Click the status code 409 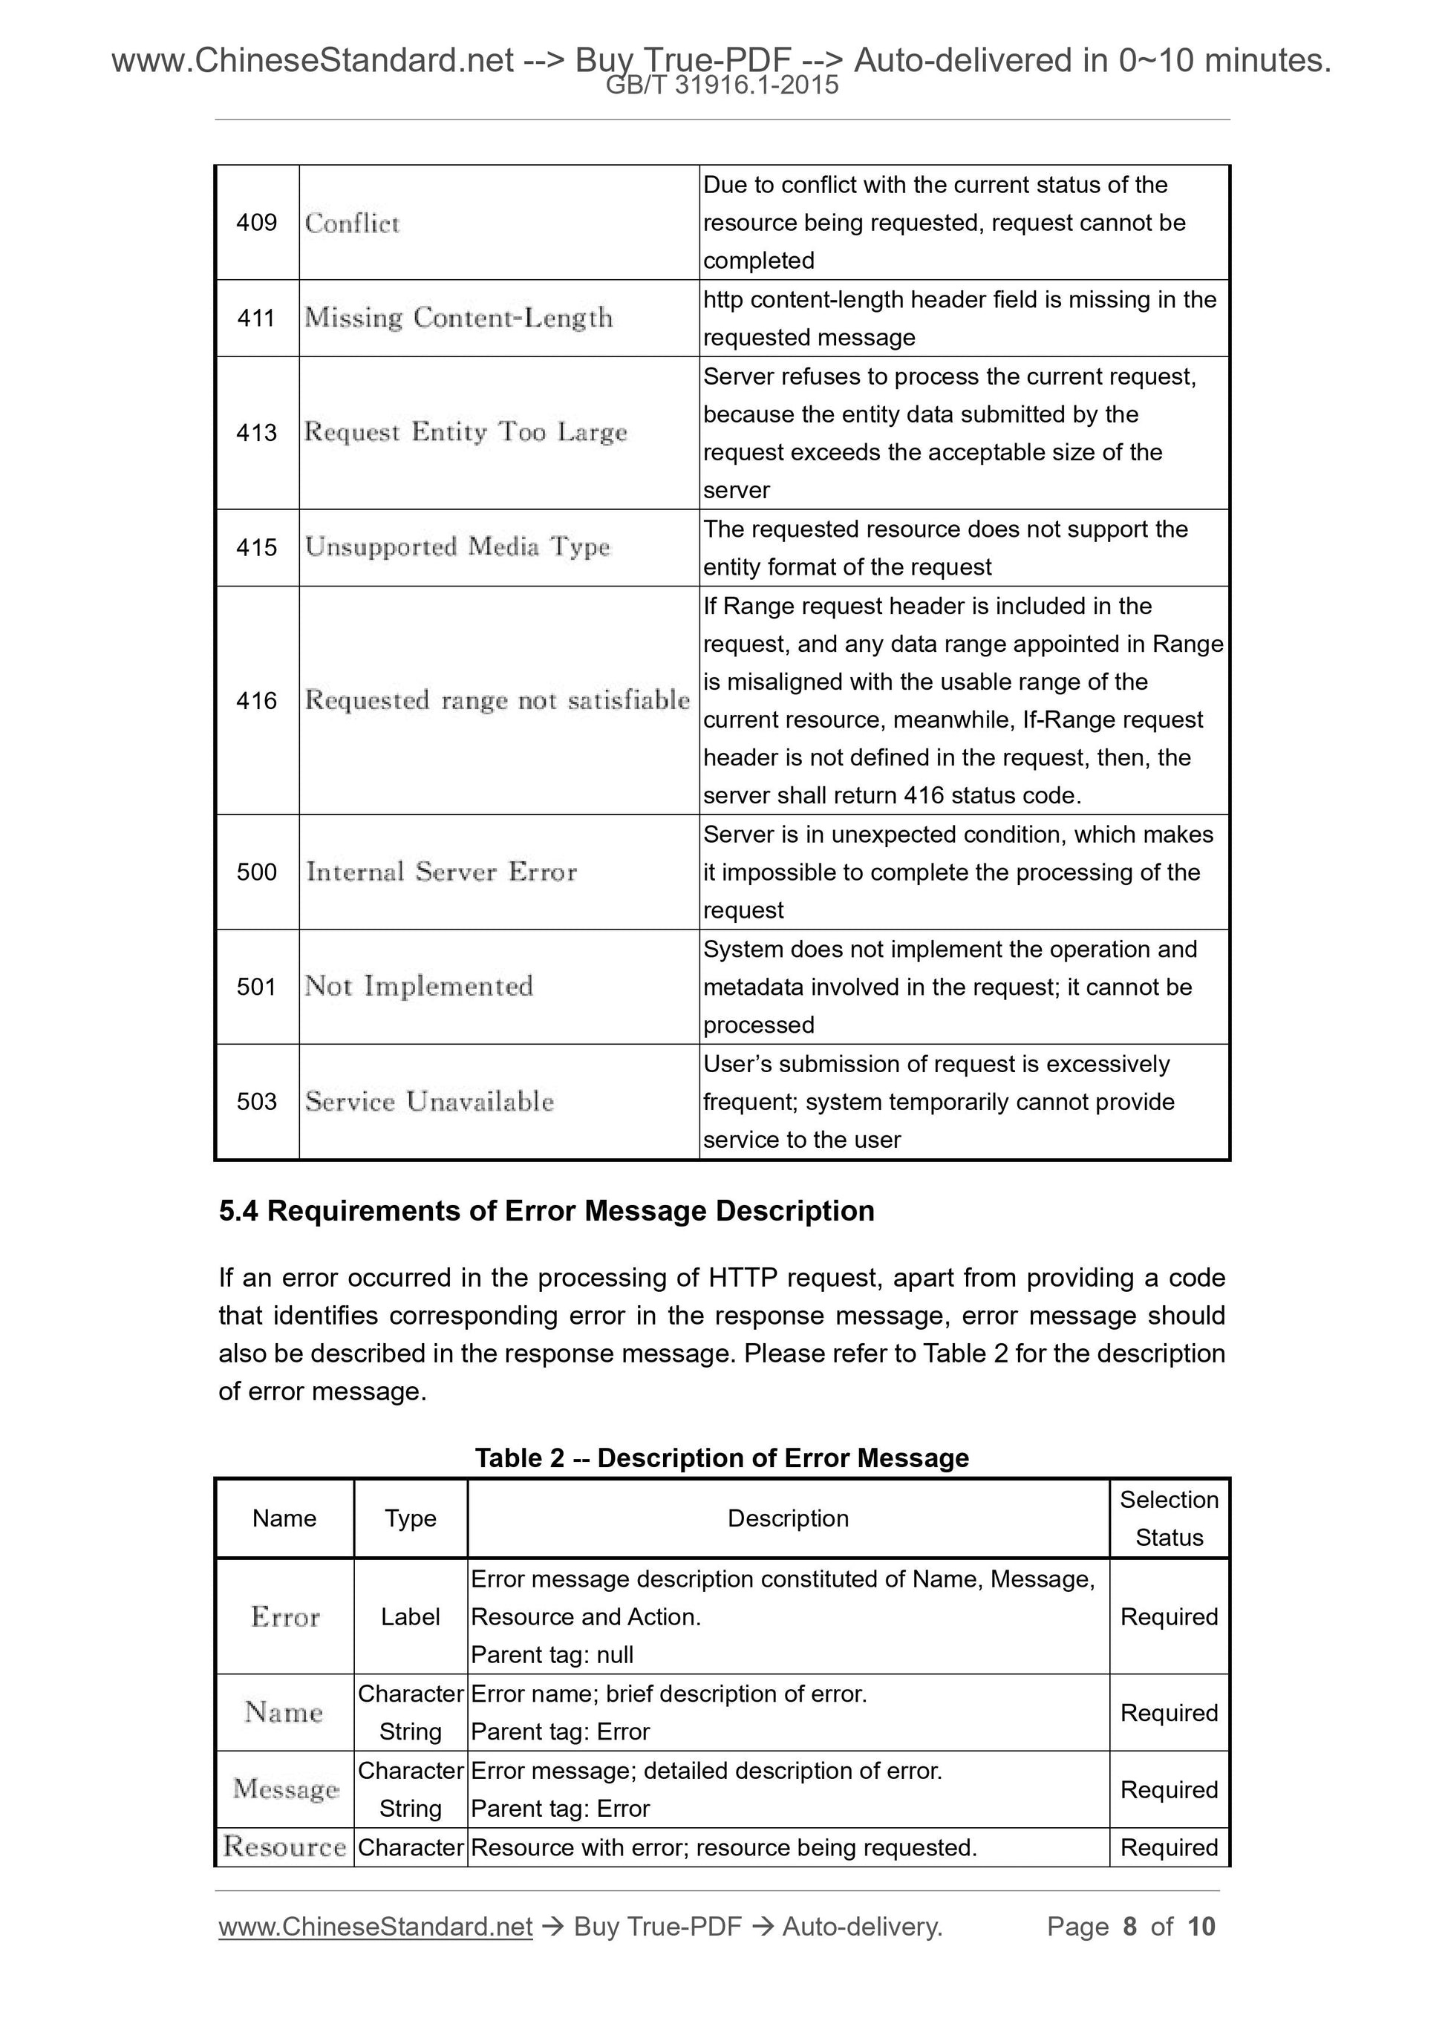coord(256,223)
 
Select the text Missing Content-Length coord(458,318)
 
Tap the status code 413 coord(256,433)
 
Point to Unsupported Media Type coord(457,546)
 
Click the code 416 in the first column coord(256,701)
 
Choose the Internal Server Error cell coord(442,872)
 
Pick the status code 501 coord(256,987)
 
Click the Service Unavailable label coord(429,1101)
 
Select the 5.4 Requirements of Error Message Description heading coord(547,1211)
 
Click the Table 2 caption coord(721,1457)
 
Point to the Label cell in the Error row coord(411,1616)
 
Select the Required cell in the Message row coord(1168,1789)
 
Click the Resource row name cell coord(284,1847)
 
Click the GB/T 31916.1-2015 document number coord(721,85)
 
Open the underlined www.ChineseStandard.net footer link coord(375,1927)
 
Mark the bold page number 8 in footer coord(1130,1927)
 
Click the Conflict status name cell coord(353,223)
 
